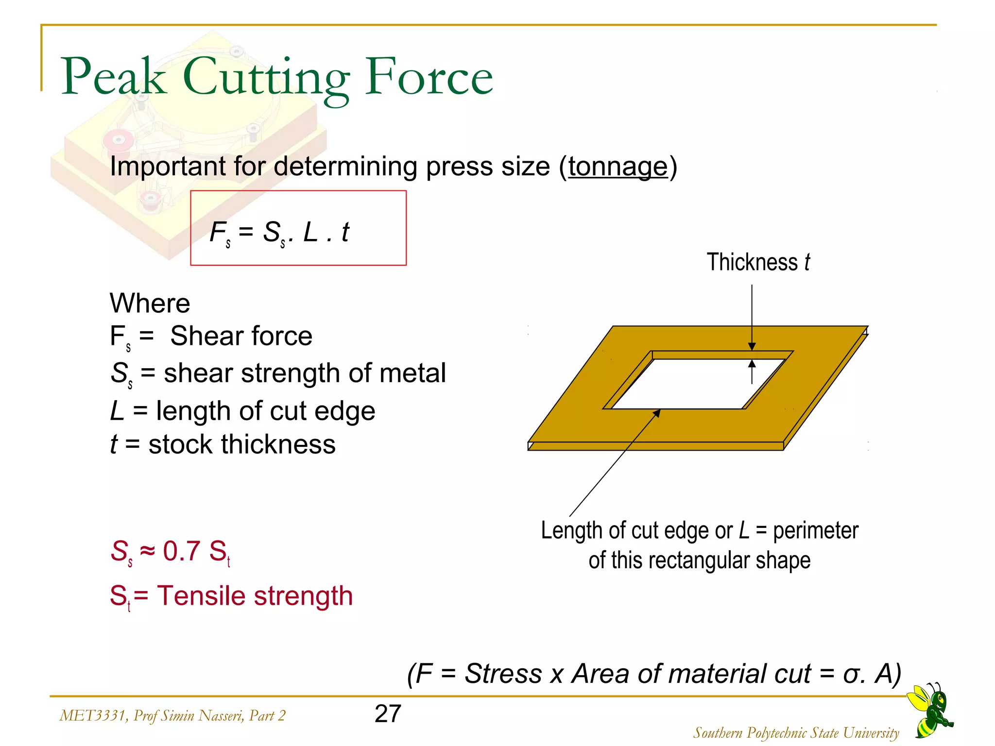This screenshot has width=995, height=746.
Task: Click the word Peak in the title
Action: tap(113, 77)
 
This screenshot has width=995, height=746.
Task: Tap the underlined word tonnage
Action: tap(618, 167)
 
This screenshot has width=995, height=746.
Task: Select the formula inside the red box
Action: tap(279, 232)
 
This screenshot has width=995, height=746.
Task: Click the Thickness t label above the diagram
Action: tap(758, 262)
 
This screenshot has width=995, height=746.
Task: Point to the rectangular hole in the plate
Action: tap(697, 384)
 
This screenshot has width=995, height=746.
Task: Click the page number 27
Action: tap(388, 713)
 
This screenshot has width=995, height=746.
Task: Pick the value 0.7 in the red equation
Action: tap(181, 551)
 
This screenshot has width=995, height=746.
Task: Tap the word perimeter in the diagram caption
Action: tap(816, 531)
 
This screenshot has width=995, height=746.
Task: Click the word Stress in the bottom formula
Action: tap(503, 674)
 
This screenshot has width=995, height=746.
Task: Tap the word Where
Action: tap(150, 304)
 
